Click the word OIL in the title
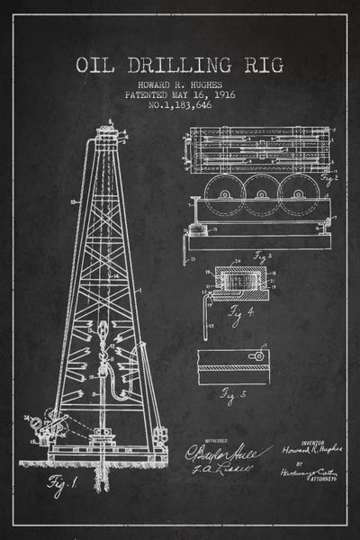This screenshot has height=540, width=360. tap(99, 65)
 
